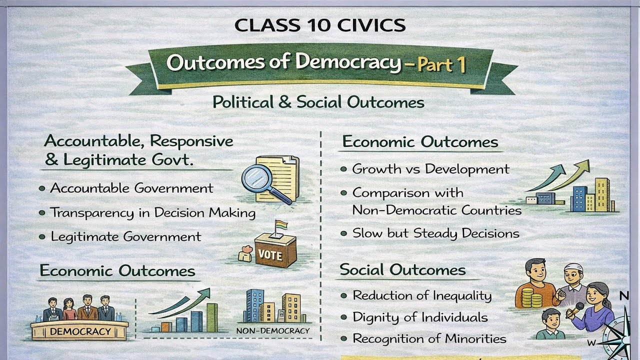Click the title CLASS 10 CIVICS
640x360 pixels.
pos(320,24)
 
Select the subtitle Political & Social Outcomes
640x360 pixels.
pos(318,102)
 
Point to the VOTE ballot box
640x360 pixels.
pos(274,252)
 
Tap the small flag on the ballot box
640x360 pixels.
pos(281,225)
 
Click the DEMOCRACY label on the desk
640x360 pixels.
pos(80,331)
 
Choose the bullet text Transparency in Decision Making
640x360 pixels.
pos(153,212)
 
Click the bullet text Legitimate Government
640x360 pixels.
pos(126,236)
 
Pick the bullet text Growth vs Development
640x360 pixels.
pos(430,169)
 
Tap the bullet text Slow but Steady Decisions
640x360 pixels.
pos(435,233)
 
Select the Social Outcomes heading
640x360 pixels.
pos(402,270)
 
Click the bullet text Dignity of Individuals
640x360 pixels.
pos(420,317)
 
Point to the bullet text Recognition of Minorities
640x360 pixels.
pos(429,338)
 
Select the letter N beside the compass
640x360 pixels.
pos(624,296)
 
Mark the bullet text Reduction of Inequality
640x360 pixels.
pos(422,295)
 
